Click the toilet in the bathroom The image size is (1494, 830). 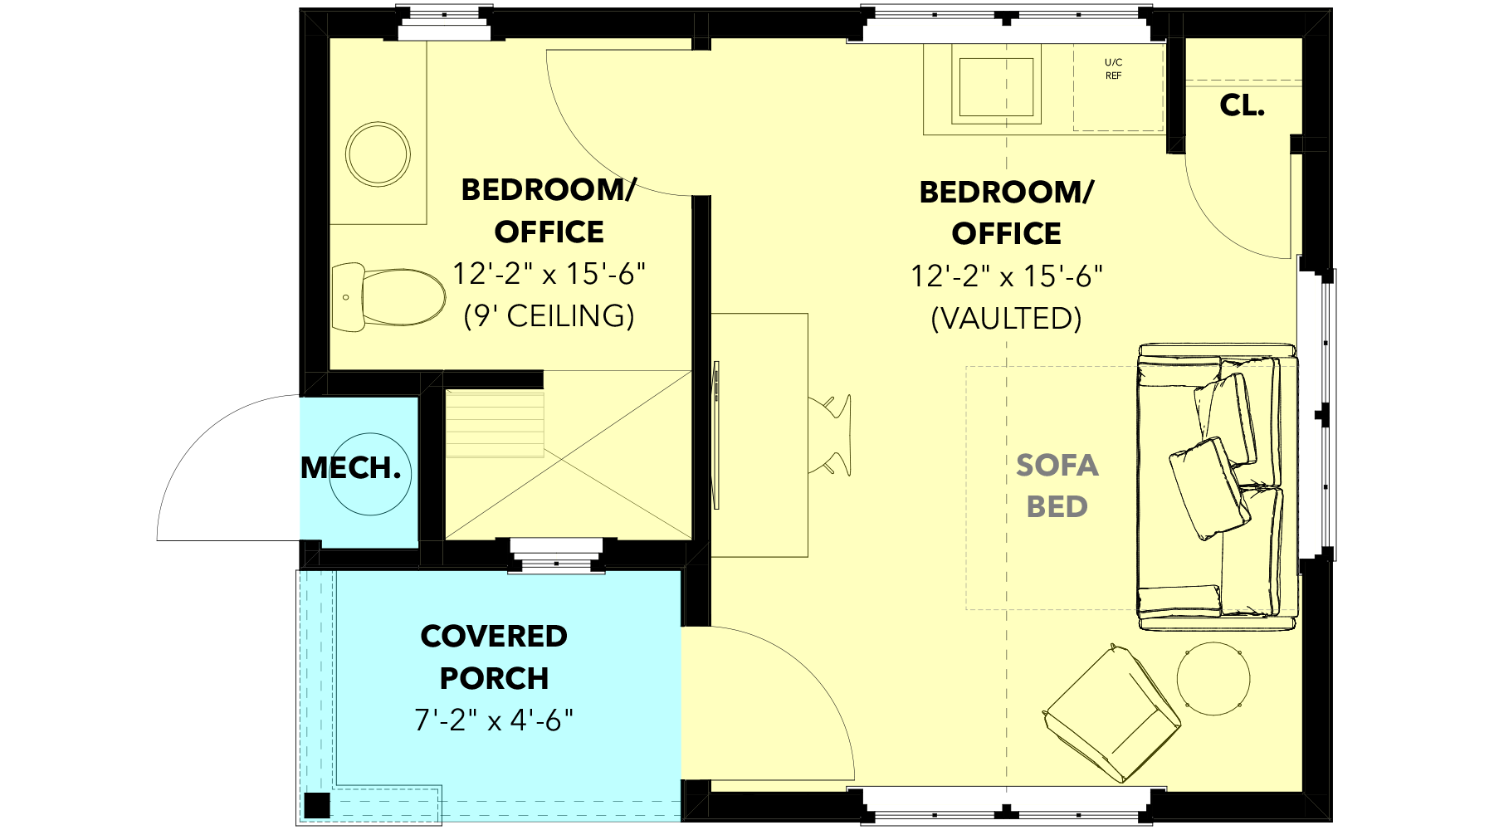pos(388,297)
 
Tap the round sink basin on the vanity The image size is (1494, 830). pos(378,154)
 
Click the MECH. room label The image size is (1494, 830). pos(350,468)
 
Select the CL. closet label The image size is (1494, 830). pos(1242,105)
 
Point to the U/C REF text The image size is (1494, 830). pos(1113,69)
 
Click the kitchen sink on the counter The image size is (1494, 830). pos(996,86)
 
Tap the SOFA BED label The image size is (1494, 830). pos(1057,486)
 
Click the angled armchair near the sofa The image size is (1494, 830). pos(1112,713)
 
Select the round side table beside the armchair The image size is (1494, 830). pos(1213,678)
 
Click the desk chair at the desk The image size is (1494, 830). pos(832,436)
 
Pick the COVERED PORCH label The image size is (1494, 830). pos(494,657)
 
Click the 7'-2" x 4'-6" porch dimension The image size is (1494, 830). pos(494,720)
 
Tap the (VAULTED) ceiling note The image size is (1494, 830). pos(1006,319)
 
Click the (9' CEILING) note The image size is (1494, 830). pos(549,316)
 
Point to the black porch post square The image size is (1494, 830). pos(316,806)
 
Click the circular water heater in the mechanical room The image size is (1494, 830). pos(370,474)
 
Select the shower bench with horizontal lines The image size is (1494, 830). pos(495,423)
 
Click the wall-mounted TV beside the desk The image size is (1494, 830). pos(716,435)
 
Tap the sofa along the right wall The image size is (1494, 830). pos(1217,487)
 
